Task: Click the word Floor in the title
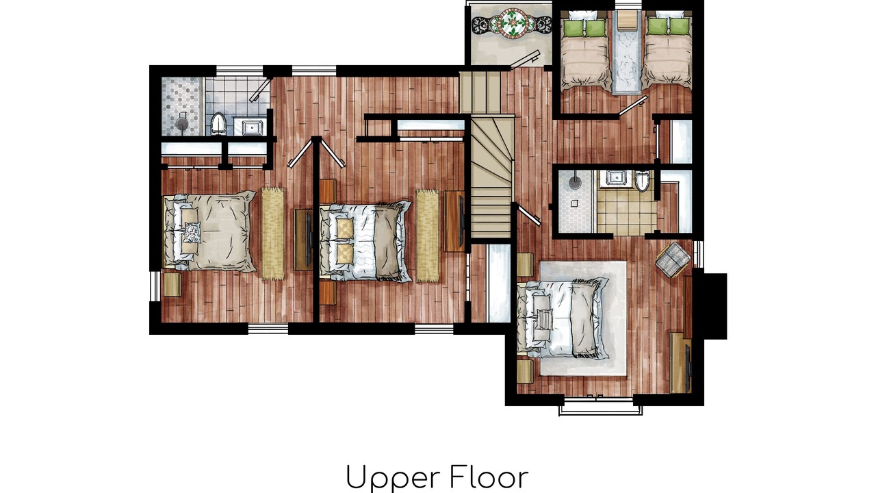point(489,477)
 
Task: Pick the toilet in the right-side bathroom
point(642,181)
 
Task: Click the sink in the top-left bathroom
point(251,127)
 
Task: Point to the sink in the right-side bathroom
point(615,177)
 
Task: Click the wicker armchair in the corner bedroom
point(673,260)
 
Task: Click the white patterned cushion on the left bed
point(192,232)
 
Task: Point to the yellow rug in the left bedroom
point(272,233)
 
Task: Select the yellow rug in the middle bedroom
point(427,236)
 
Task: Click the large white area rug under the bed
point(583,318)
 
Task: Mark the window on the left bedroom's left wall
point(155,286)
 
